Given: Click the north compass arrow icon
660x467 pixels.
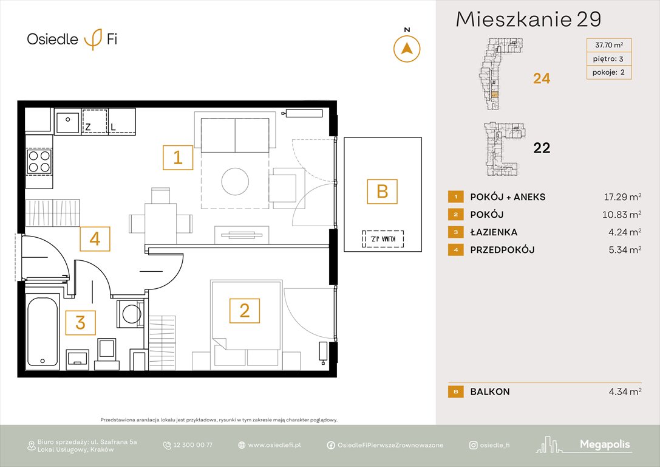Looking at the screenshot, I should [407, 49].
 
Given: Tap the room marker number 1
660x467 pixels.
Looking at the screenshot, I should [177, 158].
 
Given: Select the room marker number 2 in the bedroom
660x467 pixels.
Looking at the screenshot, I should [244, 311].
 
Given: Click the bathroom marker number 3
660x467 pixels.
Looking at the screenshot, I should [80, 322].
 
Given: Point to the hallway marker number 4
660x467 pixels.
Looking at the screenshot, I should [95, 239].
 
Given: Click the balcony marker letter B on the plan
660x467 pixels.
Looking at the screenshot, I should [382, 192].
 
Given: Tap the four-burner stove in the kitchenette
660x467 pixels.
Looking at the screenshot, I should [39, 162].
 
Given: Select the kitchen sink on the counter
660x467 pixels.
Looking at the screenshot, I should [67, 122].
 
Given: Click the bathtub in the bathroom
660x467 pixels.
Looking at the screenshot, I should [43, 331].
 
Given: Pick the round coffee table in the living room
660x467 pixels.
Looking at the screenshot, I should [234, 181].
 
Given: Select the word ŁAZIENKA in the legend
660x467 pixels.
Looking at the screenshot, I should [494, 232].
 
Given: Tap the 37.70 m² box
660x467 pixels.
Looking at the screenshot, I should [608, 44].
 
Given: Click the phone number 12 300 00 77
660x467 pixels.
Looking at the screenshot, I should [192, 445].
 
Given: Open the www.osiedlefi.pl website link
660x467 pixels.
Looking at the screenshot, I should [274, 445].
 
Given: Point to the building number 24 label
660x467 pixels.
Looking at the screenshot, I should [541, 78].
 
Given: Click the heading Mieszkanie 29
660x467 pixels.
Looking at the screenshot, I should [528, 19].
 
